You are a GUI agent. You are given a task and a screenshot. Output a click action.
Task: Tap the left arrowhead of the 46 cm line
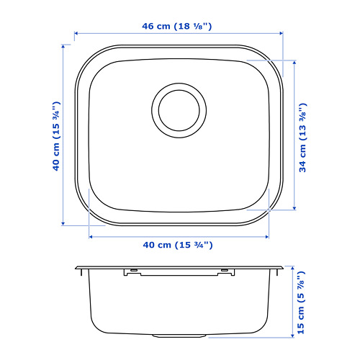click(78, 33)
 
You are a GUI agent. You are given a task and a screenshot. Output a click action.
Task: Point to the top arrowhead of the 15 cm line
click(294, 268)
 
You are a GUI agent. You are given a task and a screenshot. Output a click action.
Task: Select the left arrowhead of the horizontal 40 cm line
click(91, 235)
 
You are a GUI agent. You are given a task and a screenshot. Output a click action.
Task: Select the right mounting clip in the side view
click(228, 271)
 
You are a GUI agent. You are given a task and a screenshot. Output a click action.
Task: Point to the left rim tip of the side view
click(77, 269)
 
